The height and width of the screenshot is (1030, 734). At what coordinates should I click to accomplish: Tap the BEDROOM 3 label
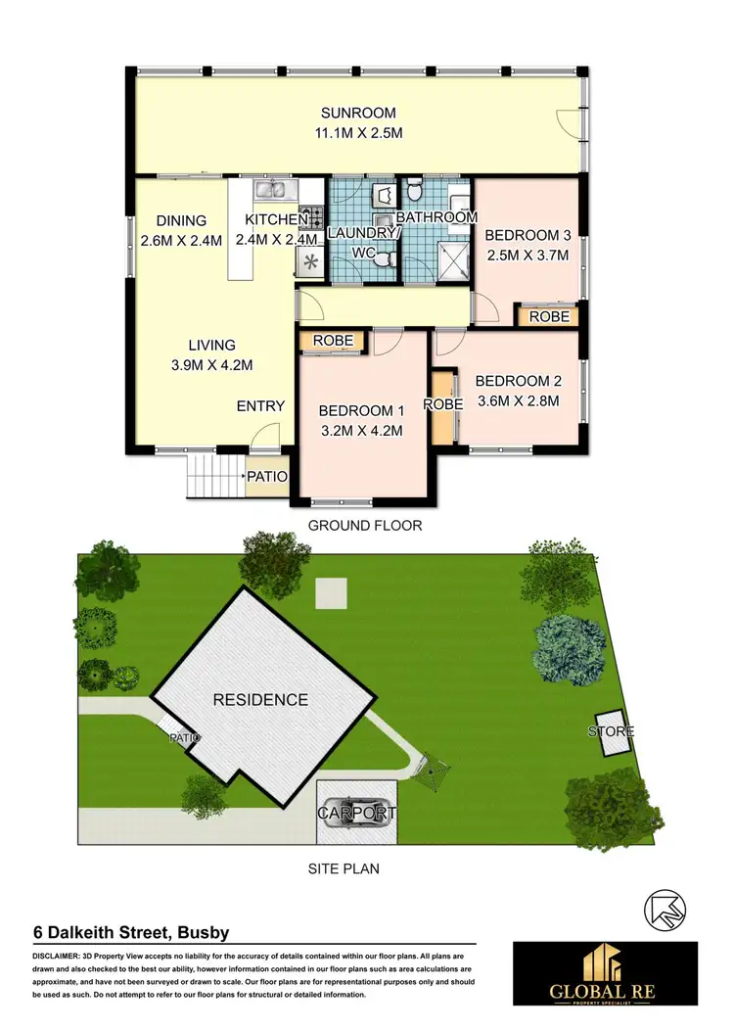click(x=528, y=235)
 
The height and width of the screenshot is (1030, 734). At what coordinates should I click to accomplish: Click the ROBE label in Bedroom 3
click(x=547, y=316)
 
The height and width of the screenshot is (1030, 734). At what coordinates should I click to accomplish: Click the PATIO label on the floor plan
click(x=267, y=477)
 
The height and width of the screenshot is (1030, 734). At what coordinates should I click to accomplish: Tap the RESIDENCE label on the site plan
click(x=261, y=700)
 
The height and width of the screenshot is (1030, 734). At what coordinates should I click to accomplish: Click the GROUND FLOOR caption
click(x=365, y=526)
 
